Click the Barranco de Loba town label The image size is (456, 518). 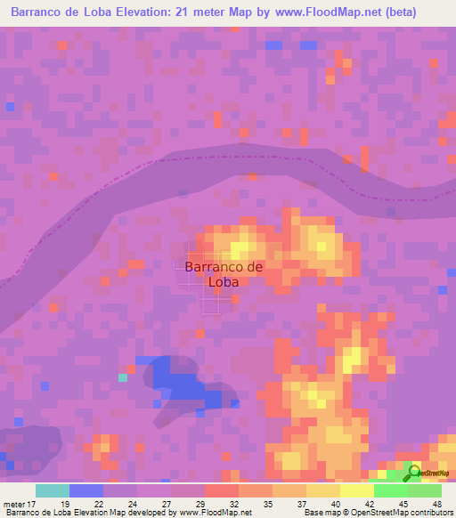(x=224, y=274)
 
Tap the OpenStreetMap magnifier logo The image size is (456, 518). (x=413, y=473)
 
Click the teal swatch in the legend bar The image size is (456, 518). (x=53, y=490)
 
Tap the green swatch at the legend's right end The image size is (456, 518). (x=425, y=490)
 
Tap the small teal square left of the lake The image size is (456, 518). (x=123, y=377)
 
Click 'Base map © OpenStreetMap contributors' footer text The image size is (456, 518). (x=376, y=512)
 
